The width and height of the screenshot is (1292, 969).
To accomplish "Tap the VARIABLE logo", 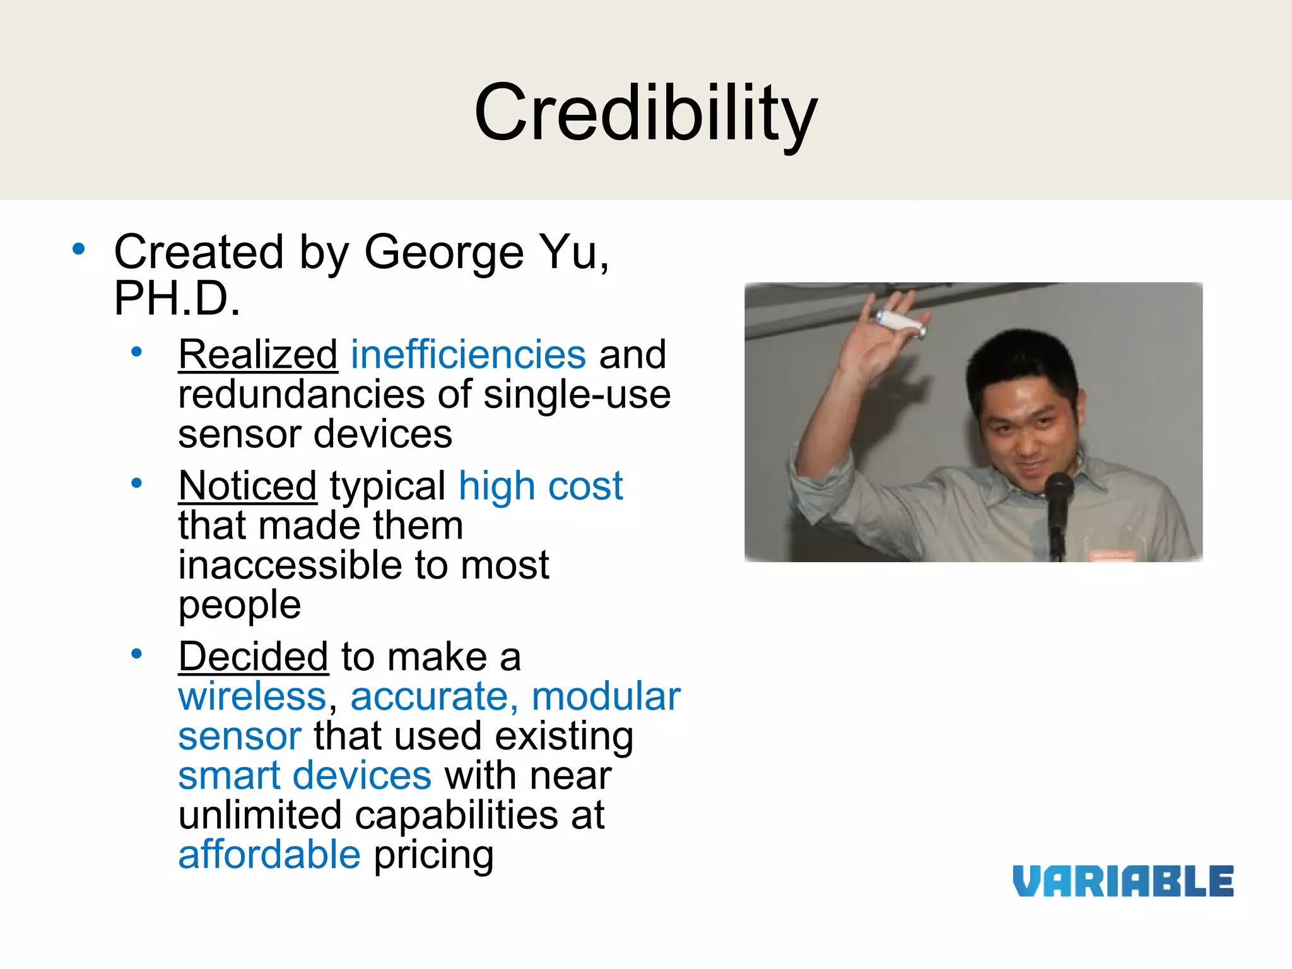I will click(x=1123, y=881).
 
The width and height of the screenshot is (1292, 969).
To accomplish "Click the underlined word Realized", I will click(x=258, y=354).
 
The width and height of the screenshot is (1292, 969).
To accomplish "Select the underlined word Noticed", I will click(x=247, y=486).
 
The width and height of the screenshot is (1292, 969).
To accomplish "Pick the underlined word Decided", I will click(x=254, y=657).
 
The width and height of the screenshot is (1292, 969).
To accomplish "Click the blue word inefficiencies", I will click(x=468, y=354).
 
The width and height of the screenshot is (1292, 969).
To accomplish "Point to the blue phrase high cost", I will click(x=541, y=486).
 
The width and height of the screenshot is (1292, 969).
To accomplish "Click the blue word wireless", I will click(x=252, y=696).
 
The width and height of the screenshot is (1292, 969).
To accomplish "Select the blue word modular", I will click(x=606, y=696).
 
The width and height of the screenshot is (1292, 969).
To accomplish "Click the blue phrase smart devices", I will click(x=305, y=775).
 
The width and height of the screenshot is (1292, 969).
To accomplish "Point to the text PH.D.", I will click(x=177, y=298).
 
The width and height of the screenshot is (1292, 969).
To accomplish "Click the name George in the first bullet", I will click(x=444, y=252).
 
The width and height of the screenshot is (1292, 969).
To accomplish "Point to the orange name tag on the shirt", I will click(x=1112, y=555).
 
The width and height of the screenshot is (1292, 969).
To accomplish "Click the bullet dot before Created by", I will click(x=78, y=249).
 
